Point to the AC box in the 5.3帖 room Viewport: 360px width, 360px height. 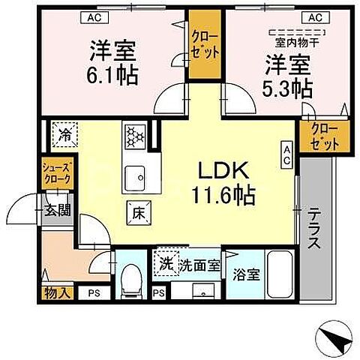(x=315, y=16)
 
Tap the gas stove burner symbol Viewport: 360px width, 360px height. (x=134, y=136)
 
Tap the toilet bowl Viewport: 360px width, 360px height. (x=132, y=279)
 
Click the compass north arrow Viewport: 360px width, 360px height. (x=337, y=337)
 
